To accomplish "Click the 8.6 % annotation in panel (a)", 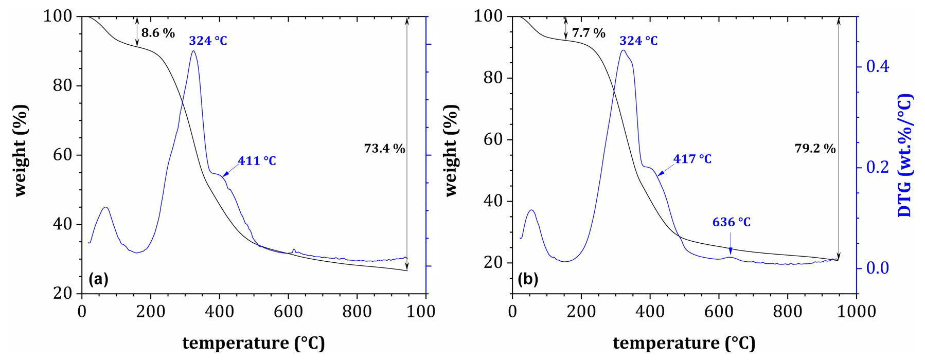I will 158,33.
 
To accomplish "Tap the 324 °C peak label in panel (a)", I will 208,41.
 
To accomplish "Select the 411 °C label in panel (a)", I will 257,161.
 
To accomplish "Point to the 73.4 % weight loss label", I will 384,149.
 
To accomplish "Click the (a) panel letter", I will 98,279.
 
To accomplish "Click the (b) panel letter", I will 528,279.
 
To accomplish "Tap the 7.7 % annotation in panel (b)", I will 589,33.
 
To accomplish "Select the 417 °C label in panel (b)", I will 692,159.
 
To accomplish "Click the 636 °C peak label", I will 731,222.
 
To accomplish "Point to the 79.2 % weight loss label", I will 815,149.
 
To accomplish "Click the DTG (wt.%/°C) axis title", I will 904,155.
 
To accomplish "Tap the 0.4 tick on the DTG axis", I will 877,66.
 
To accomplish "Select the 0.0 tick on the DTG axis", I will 877,268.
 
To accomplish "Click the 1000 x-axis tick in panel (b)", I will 857,312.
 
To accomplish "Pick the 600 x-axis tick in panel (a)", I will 288,312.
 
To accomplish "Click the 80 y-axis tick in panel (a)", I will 63,85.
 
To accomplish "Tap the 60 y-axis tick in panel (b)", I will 493,139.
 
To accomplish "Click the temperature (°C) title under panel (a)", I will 254,343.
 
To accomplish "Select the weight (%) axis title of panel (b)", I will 451,150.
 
